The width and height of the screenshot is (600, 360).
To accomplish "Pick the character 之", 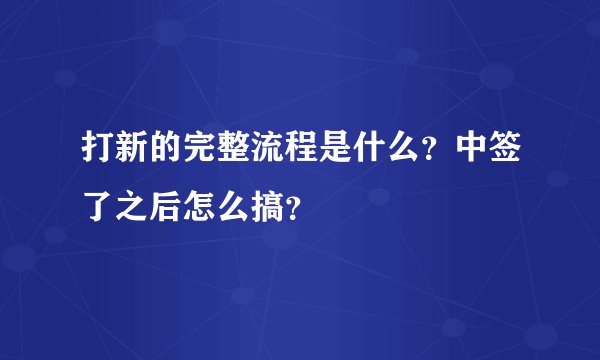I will [x=131, y=209].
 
